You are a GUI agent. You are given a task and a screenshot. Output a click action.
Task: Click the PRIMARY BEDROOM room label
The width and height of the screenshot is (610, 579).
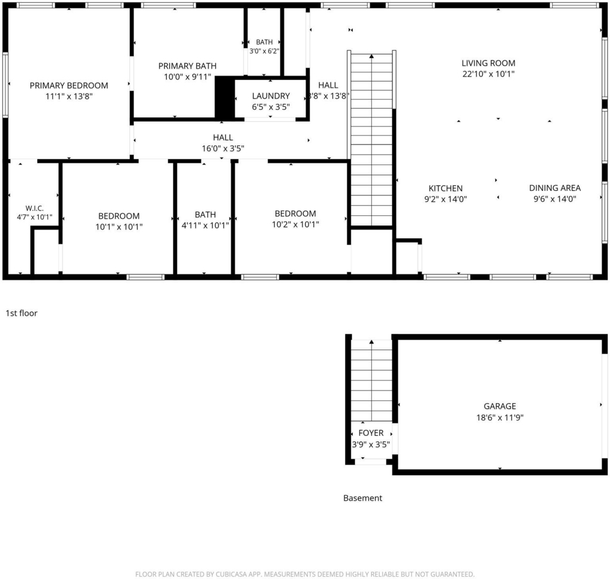[69, 86]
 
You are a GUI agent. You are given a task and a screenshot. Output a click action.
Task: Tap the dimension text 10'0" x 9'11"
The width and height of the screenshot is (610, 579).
[188, 77]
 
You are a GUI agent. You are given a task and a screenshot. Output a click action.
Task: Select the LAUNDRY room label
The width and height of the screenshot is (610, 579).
[271, 96]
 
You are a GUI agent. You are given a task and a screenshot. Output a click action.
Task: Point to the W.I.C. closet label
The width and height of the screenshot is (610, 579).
[35, 208]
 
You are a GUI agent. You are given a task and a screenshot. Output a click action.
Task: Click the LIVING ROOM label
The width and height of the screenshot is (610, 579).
[488, 63]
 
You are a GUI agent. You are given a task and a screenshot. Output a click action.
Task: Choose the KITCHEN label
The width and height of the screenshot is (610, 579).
[446, 188]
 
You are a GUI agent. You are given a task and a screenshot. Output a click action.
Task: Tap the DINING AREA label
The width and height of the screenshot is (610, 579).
[555, 188]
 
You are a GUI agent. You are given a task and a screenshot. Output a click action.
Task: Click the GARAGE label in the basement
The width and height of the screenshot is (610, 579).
[500, 406]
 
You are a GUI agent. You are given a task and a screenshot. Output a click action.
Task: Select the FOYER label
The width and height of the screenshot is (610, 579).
[371, 433]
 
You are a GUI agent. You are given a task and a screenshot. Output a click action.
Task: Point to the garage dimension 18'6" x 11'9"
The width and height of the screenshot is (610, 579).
[500, 418]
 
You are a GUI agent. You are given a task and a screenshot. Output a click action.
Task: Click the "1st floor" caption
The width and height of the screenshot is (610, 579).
[21, 313]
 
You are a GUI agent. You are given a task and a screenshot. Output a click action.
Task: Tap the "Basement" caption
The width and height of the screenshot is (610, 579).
[363, 498]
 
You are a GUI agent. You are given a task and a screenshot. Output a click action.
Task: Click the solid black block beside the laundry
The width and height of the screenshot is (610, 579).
[225, 97]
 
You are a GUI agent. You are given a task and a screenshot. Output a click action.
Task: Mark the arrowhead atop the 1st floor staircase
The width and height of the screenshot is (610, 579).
[372, 57]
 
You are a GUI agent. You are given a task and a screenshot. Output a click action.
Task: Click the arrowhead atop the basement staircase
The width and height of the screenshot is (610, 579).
[372, 342]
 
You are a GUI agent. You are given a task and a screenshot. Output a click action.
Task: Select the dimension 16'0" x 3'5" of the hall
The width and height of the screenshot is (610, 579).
[223, 148]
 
